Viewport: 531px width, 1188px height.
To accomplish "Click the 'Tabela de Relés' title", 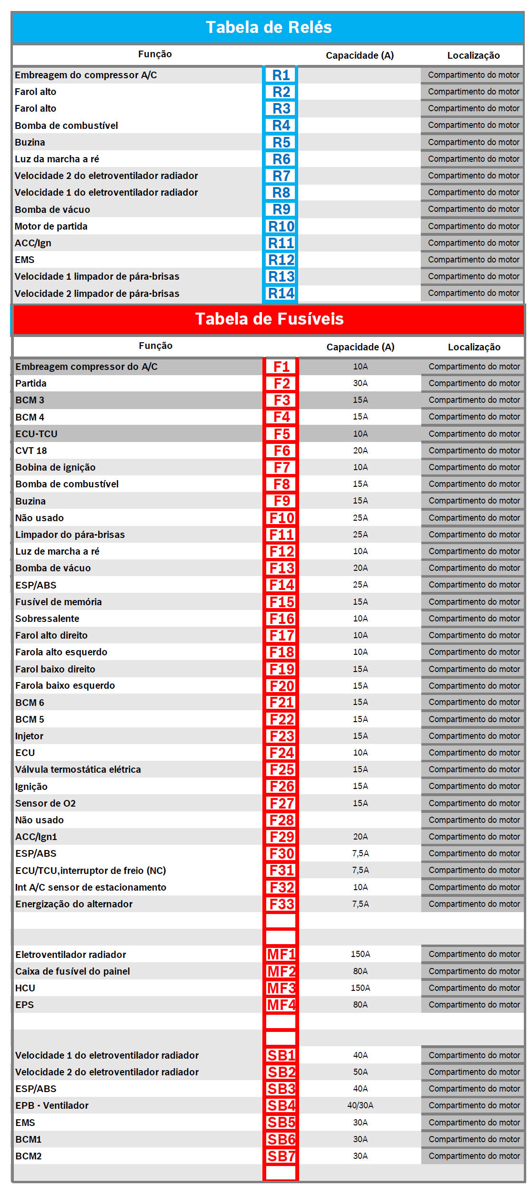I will tap(269, 27).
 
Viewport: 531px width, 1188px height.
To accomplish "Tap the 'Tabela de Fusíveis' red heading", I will tap(269, 319).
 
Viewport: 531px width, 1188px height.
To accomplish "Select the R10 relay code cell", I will tap(281, 226).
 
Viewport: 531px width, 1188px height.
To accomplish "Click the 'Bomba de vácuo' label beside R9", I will tap(52, 210).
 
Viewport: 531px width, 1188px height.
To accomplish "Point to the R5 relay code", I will tap(281, 142).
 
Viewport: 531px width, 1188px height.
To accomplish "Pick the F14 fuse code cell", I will tap(281, 585).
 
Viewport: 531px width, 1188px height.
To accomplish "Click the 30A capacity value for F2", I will tap(360, 383).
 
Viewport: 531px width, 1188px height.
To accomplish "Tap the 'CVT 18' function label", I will tap(31, 451).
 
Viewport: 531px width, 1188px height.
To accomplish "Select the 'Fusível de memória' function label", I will tap(58, 602).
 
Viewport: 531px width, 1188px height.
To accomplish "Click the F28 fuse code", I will tap(281, 820).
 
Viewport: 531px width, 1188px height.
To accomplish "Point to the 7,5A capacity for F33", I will tap(360, 904).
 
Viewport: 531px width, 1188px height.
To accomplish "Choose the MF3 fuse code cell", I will tap(281, 988).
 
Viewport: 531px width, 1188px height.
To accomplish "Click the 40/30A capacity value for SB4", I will tap(360, 1105).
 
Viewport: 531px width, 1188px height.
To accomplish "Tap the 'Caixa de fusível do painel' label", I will tap(73, 971).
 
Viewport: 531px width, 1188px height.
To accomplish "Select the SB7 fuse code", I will tap(281, 1156).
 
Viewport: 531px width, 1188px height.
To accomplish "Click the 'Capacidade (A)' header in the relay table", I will tap(360, 55).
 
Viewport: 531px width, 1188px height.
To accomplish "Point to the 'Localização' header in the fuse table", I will tap(474, 347).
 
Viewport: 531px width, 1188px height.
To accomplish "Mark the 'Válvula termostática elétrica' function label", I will tap(78, 769).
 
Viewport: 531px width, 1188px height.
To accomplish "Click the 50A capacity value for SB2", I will tap(360, 1072).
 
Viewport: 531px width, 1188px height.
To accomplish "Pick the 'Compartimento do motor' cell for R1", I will tap(473, 75).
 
